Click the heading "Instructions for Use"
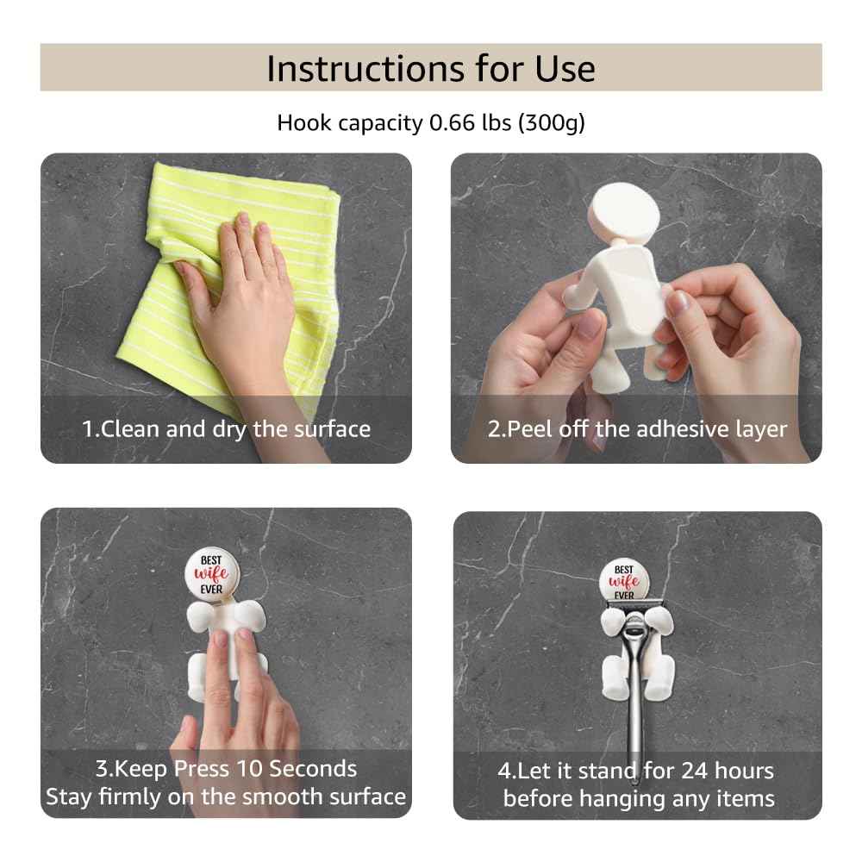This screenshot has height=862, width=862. (430, 68)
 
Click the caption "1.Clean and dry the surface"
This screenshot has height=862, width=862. (226, 428)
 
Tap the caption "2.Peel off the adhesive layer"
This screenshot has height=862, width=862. (637, 428)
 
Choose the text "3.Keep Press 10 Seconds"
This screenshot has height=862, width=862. (226, 768)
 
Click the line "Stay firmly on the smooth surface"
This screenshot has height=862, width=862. (226, 796)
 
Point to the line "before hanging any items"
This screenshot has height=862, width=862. (638, 798)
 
